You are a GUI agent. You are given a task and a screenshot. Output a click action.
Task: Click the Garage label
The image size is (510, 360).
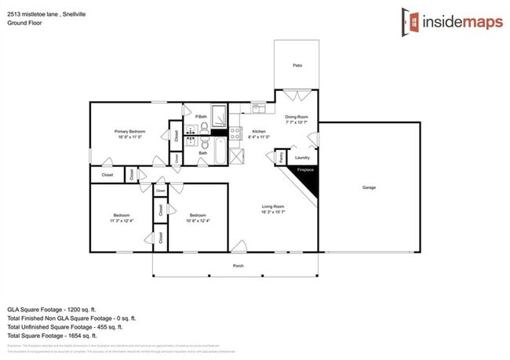tap(368, 187)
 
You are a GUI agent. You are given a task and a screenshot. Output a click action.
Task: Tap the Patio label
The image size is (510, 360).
tap(297, 66)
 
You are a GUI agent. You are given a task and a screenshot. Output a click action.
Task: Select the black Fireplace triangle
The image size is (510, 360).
tap(305, 178)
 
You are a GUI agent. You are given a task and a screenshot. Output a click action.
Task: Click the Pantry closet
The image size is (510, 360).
tap(281, 156)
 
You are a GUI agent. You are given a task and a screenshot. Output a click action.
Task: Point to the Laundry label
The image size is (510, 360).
tap(302, 157)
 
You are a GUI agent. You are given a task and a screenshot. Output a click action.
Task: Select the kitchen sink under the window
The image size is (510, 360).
tap(257, 108)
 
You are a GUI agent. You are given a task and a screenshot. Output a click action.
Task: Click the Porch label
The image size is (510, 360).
tap(239, 266)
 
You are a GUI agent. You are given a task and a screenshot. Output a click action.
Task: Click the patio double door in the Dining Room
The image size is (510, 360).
tap(297, 96)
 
